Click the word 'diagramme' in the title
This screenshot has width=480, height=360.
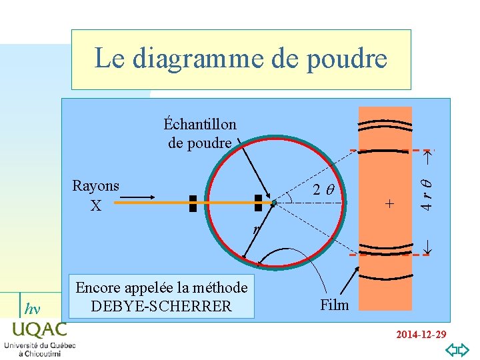click(x=201, y=59)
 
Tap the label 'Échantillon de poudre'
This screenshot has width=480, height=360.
click(x=200, y=133)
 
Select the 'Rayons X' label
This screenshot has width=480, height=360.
click(x=96, y=195)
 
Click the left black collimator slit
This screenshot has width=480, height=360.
click(x=193, y=203)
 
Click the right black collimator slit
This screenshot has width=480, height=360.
click(x=259, y=203)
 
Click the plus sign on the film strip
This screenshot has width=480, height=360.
click(x=390, y=203)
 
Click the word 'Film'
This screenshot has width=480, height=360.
click(x=334, y=305)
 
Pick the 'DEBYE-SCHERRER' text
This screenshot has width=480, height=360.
click(x=161, y=306)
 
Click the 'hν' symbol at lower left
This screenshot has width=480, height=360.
click(x=31, y=309)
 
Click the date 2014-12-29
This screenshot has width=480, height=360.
click(x=420, y=334)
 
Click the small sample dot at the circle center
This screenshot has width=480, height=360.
click(x=274, y=202)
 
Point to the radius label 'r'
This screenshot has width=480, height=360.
click(x=255, y=230)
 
